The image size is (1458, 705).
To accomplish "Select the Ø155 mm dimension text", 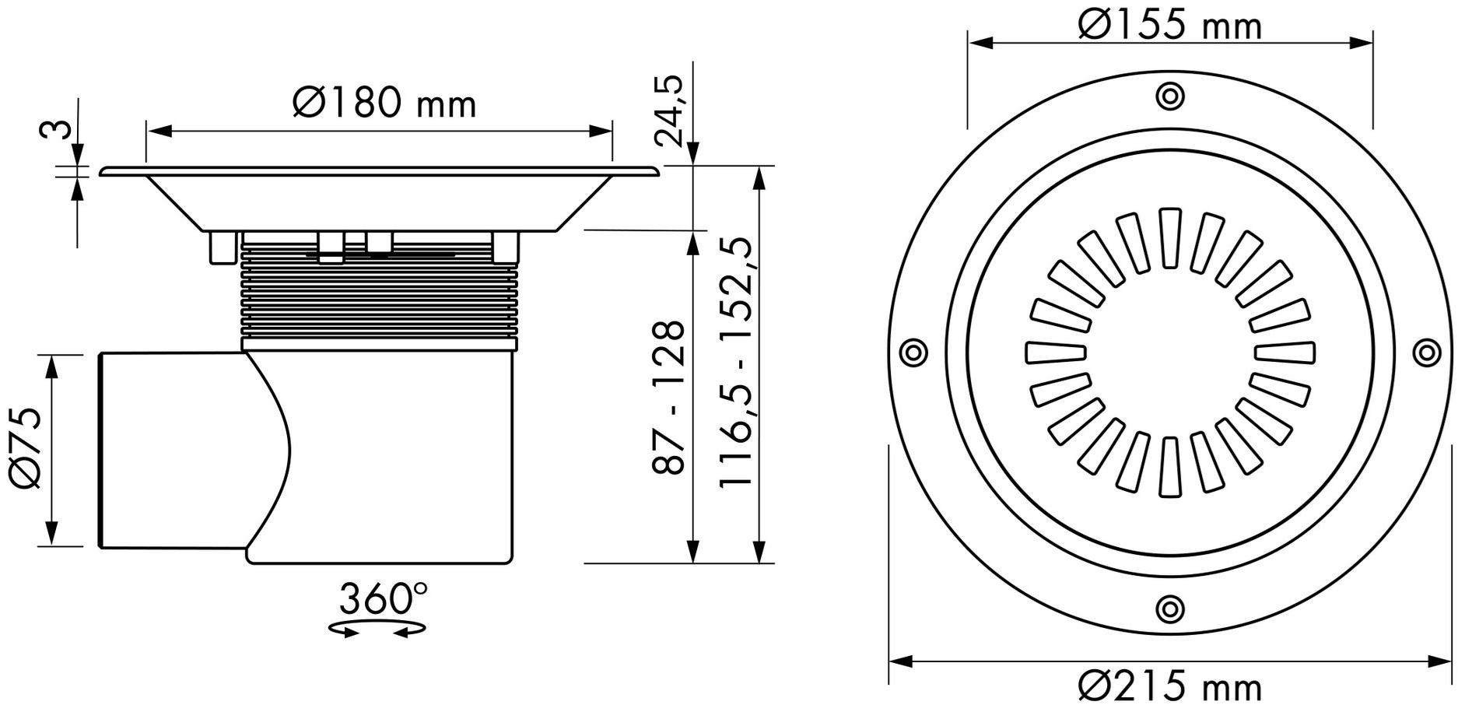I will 1169,25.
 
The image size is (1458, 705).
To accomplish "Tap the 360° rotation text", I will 383,599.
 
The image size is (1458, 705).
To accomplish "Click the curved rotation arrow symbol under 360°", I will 377,629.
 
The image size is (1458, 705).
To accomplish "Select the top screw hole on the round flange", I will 1169,96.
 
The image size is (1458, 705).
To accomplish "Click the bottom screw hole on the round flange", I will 1169,607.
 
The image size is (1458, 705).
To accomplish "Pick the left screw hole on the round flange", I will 913,352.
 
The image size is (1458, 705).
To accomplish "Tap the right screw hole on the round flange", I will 1425,352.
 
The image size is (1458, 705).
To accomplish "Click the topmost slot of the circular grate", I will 1169,238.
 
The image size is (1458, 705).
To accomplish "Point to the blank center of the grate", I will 1169,352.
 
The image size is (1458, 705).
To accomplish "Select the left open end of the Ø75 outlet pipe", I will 102,451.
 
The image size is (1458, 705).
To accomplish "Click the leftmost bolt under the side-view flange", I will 223,247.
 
